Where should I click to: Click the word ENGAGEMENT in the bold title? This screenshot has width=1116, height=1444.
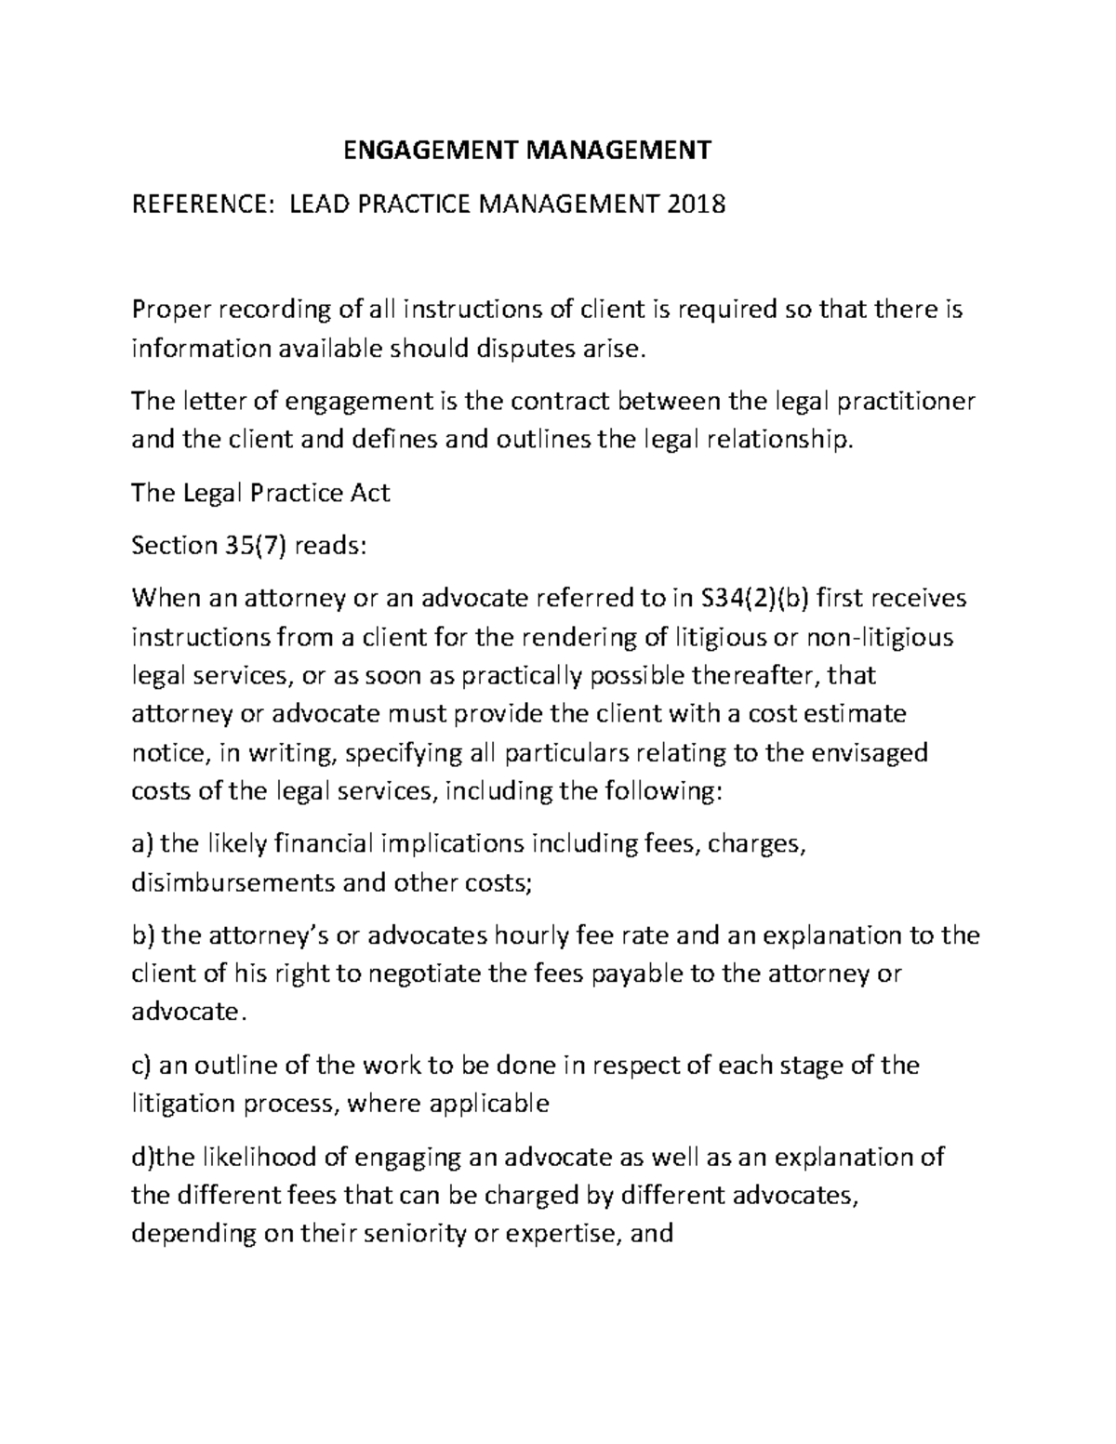tap(415, 150)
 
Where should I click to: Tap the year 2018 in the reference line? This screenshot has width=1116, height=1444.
tap(695, 203)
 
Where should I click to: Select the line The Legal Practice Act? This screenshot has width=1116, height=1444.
tap(260, 492)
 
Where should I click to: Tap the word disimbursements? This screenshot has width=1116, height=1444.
tap(233, 882)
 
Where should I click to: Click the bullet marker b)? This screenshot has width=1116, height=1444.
tap(143, 934)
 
